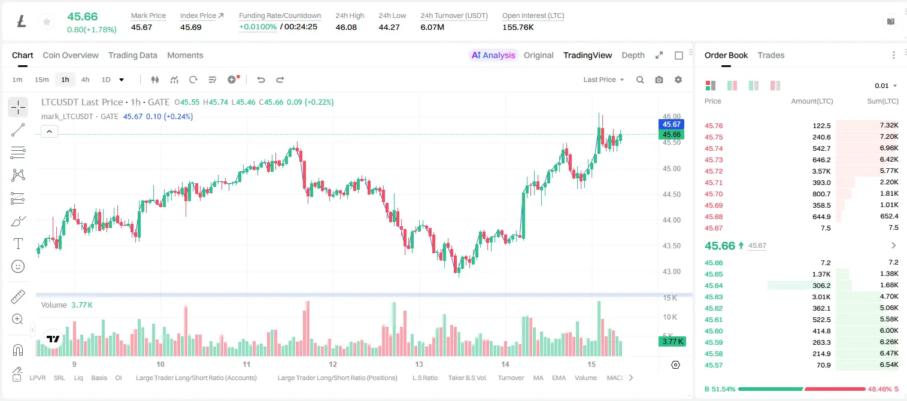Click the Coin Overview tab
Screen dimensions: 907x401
click(x=71, y=55)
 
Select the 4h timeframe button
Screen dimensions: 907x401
click(x=85, y=80)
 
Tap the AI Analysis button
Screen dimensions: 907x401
click(x=493, y=55)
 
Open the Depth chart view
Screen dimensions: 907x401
click(x=633, y=55)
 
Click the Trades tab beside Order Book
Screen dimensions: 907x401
click(x=771, y=55)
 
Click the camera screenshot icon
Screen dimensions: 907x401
click(x=659, y=80)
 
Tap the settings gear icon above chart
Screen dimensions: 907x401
click(x=678, y=80)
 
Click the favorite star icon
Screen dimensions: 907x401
click(x=47, y=22)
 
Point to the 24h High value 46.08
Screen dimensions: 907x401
click(x=346, y=27)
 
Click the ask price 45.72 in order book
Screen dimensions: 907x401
click(x=714, y=171)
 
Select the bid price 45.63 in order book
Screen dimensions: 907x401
click(x=714, y=297)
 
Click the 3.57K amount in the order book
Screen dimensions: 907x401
click(x=821, y=171)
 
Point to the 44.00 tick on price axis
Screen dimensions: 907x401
click(x=671, y=220)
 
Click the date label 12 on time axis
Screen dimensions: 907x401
click(x=333, y=364)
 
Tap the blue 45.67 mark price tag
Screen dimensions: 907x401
click(x=671, y=124)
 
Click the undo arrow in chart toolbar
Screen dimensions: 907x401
click(x=261, y=80)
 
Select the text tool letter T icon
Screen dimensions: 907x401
click(x=18, y=244)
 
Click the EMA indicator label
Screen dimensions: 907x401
click(x=559, y=378)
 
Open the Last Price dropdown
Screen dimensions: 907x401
click(x=603, y=80)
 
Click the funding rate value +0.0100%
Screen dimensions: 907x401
click(x=258, y=27)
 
